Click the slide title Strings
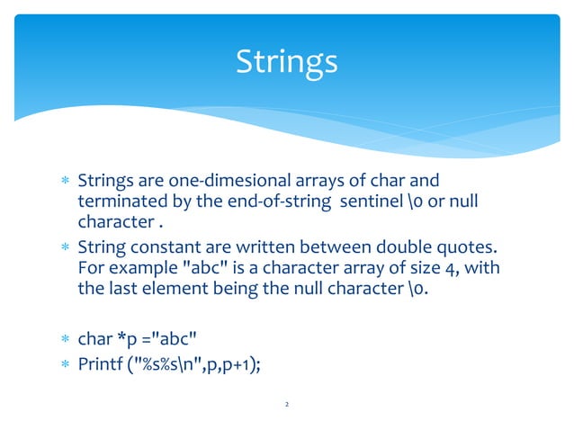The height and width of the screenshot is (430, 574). coord(286,62)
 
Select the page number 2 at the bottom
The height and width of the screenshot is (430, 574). coord(286,406)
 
